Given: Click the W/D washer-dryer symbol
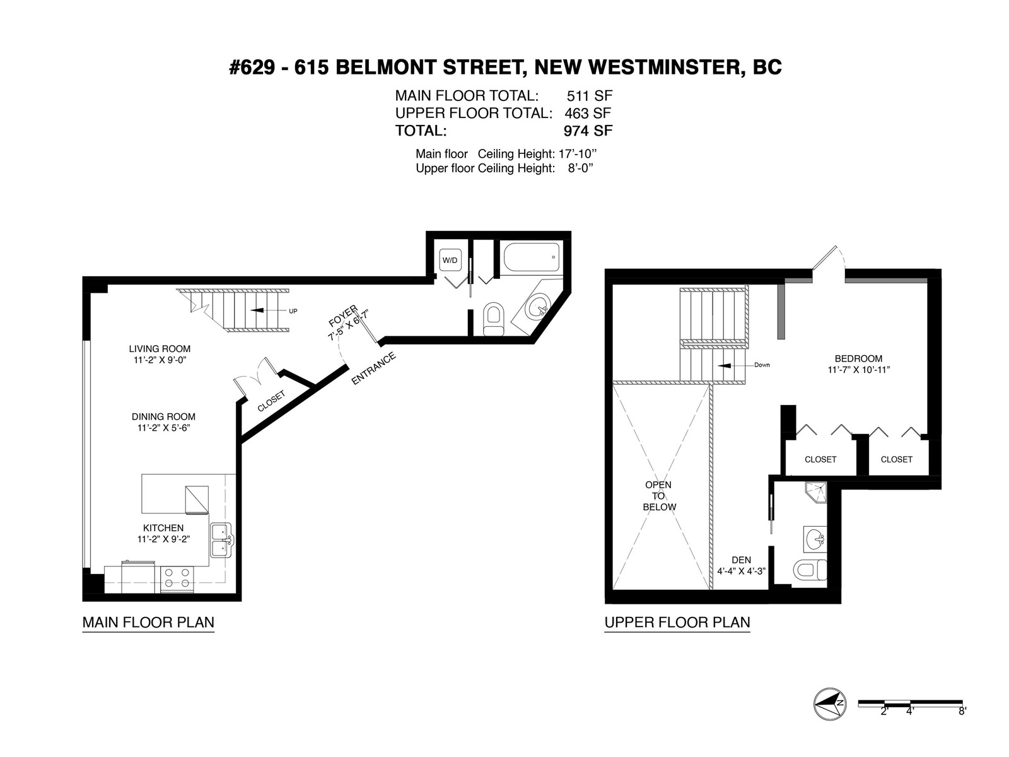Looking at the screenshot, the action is pos(450,260).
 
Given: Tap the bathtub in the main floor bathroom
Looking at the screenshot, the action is pos(532,258).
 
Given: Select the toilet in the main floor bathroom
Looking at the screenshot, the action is pos(494,319).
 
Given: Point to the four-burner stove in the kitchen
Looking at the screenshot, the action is pos(177,578).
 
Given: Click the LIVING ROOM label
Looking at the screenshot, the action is pos(160,349).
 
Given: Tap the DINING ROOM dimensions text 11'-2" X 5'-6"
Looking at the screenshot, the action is pos(163,428).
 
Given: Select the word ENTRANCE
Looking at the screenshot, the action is pos(373,368).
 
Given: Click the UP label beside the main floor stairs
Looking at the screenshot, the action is pos(293,311).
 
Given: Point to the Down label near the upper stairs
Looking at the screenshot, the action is pos(762,365).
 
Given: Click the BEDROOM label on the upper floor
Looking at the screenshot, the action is pos(859,358).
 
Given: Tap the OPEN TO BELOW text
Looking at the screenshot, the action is pos(659,496).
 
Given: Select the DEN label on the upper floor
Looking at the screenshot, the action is pos(741,560).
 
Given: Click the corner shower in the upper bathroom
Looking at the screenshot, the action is pos(816,492).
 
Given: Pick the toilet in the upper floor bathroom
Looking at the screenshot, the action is pos(810,570).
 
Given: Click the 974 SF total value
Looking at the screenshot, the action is pos(588,131).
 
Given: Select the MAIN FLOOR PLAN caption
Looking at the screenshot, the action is pos(148,623).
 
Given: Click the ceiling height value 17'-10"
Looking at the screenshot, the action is pos(578,153).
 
